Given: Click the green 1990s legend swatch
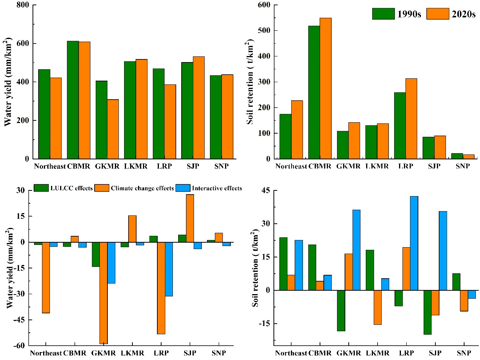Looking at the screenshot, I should (383, 14).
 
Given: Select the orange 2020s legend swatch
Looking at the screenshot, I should (438, 14).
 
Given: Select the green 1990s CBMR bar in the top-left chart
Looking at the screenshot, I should (73, 100).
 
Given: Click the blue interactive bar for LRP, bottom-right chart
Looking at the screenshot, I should (414, 243).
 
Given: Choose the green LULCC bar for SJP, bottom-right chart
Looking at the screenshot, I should (427, 312).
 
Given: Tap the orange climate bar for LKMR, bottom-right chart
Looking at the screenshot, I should (377, 307).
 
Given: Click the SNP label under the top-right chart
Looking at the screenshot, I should (462, 166).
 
